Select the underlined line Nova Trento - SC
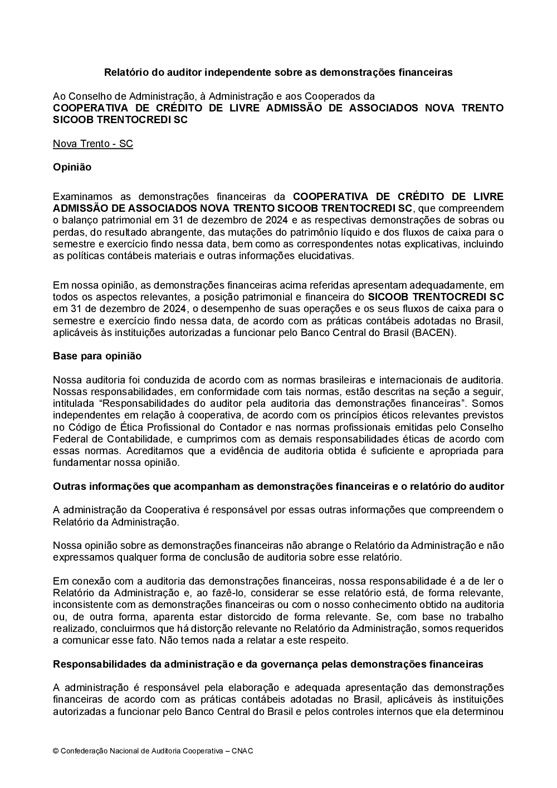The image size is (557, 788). (93, 144)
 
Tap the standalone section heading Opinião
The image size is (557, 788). (72, 167)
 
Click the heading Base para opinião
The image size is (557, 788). (97, 356)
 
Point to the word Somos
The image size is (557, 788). (488, 403)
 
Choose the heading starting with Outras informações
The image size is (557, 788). (278, 487)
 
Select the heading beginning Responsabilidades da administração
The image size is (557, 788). (268, 664)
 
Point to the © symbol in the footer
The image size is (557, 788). (56, 751)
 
